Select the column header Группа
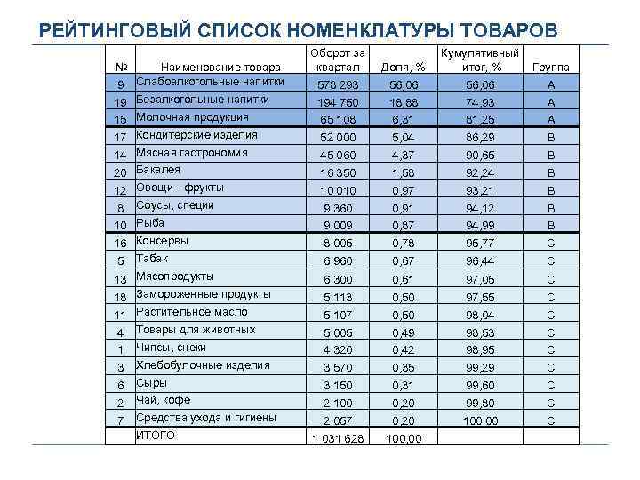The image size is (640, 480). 550,67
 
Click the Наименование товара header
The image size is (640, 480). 220,67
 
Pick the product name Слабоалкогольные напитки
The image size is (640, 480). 210,82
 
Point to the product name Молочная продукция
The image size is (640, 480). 192,116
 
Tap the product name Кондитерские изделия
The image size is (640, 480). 196,134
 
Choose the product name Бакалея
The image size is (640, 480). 158,169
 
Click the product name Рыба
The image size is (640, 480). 150,222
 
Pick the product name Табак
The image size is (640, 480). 152,258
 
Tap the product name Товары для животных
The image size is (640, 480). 196,329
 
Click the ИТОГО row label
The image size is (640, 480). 156,436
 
